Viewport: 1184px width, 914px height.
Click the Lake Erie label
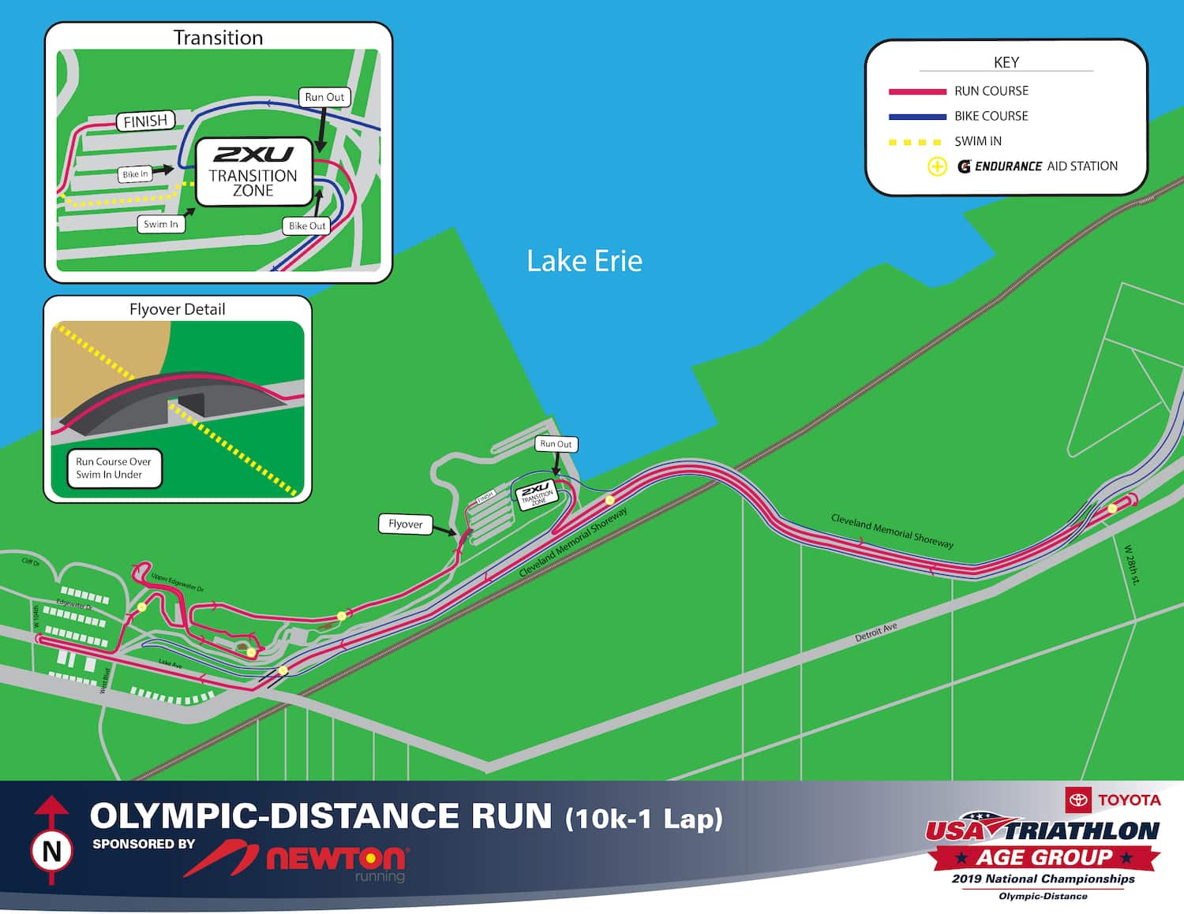[x=584, y=261]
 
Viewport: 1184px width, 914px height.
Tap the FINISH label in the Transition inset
[x=146, y=121]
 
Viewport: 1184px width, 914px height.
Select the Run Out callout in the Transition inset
[x=324, y=97]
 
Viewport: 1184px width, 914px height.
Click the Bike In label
[x=135, y=174]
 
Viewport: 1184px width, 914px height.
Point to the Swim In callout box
[x=161, y=224]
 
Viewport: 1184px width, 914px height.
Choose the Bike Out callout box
[x=307, y=226]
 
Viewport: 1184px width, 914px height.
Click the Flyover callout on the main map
[x=405, y=524]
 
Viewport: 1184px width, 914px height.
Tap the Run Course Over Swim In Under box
[x=114, y=468]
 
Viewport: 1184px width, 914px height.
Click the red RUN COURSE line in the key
[x=917, y=91]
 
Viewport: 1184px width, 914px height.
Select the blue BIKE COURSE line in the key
[x=917, y=117]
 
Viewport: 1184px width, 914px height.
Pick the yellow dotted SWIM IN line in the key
[x=916, y=142]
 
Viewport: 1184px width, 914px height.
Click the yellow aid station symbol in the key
[x=937, y=166]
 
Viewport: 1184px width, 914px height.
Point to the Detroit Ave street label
[x=876, y=632]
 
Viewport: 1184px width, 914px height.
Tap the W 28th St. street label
[x=1132, y=565]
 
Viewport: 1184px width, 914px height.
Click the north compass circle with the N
[x=51, y=852]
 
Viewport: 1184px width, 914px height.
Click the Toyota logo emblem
[x=1077, y=800]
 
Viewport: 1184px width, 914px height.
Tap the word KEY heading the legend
[x=1006, y=62]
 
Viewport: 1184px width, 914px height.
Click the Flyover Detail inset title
[x=177, y=309]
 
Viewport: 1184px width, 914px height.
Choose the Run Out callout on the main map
[x=556, y=444]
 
